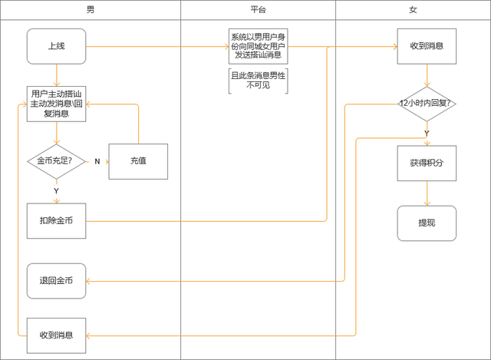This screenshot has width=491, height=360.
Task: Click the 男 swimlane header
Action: (x=91, y=9)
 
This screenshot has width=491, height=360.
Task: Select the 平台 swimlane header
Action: (x=259, y=9)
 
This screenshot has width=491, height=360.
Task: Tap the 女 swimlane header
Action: (x=414, y=9)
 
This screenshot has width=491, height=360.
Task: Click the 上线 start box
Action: (x=56, y=46)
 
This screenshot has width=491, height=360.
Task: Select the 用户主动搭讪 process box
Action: (x=56, y=103)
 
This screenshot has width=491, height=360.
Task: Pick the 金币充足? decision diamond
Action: (x=56, y=161)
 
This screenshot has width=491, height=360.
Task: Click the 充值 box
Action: (x=138, y=161)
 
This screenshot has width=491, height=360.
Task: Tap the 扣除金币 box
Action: (x=56, y=221)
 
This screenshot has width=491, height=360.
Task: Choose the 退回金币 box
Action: (x=56, y=281)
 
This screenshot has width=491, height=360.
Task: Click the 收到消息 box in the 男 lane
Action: (x=56, y=335)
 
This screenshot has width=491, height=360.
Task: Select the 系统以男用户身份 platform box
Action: (x=259, y=46)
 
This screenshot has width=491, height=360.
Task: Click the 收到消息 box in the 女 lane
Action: (x=427, y=46)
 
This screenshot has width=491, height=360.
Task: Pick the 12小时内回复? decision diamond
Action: (x=427, y=103)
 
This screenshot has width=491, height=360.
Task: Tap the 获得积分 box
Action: (x=427, y=163)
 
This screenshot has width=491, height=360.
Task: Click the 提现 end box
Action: (x=427, y=223)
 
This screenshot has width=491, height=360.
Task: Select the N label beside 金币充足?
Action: (x=97, y=161)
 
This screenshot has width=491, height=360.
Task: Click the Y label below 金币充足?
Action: (x=56, y=190)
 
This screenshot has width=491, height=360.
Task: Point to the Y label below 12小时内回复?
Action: (x=427, y=133)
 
